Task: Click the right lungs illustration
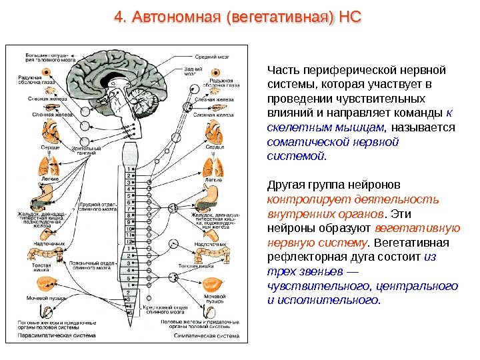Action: tap(213, 165)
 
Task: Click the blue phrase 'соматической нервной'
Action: tap(332, 142)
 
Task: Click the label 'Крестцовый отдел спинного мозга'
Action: tap(162, 310)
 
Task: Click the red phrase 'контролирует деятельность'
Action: tap(353, 199)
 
